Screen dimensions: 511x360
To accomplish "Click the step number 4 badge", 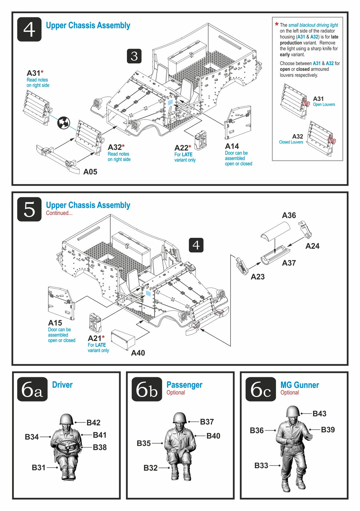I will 29,29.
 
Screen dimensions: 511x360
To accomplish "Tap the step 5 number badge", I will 29,209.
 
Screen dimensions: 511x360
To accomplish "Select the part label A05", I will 90,172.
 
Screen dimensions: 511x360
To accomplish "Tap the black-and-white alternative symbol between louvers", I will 64,122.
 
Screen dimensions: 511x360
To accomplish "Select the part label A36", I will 289,215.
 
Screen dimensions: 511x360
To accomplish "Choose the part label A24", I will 312,246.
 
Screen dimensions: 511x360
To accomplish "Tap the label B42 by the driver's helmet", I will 93,422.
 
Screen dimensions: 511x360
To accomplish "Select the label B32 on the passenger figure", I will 150,468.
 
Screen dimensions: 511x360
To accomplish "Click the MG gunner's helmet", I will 293,412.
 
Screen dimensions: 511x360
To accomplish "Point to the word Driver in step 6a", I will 62,385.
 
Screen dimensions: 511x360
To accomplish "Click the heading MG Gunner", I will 299,385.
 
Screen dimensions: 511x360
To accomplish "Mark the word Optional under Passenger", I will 175,393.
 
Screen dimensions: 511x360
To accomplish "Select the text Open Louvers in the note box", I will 324,104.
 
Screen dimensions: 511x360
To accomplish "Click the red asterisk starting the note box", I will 277,25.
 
